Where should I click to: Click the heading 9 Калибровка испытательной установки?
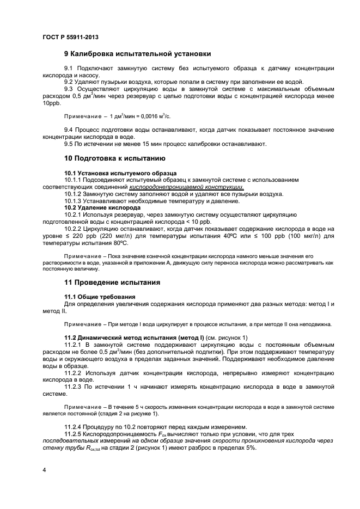pyautogui.click(x=137, y=54)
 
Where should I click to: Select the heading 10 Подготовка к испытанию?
pyautogui.click(x=114, y=159)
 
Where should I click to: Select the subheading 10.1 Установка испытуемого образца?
pyautogui.click(x=114, y=173)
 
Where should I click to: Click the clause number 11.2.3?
pyautogui.click(x=74, y=386)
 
